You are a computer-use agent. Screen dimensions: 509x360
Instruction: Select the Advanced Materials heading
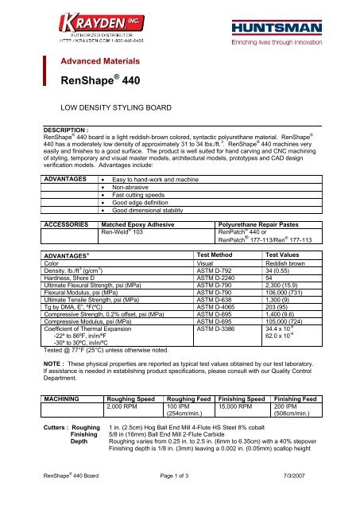(102, 60)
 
